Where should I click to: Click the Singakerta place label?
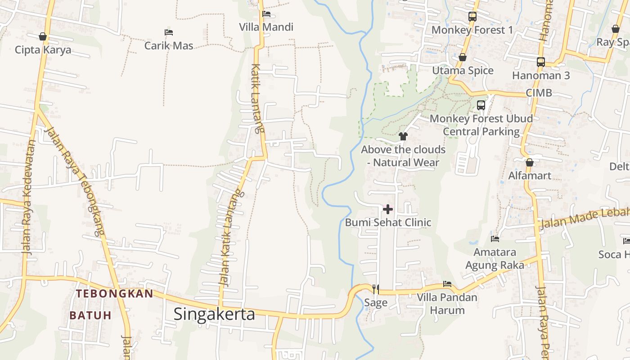coord(214,314)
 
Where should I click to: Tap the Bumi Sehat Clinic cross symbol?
coord(387,209)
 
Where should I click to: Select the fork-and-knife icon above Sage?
coord(376,289)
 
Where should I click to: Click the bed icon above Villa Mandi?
coord(266,14)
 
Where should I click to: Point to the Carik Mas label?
coord(169,45)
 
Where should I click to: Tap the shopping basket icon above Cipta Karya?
coord(43,36)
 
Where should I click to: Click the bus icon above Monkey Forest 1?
coord(472,17)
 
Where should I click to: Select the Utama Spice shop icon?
coord(462,57)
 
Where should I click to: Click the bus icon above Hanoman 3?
coord(540,62)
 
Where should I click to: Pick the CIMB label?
coord(539,93)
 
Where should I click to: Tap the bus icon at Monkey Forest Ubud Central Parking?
coord(481,105)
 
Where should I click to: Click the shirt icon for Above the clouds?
coord(403,136)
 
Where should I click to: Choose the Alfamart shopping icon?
coord(530,162)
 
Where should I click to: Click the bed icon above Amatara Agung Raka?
coord(495,238)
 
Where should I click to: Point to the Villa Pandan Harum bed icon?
coord(447,284)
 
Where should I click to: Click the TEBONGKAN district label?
coord(114,294)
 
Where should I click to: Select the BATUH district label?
coord(90,315)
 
